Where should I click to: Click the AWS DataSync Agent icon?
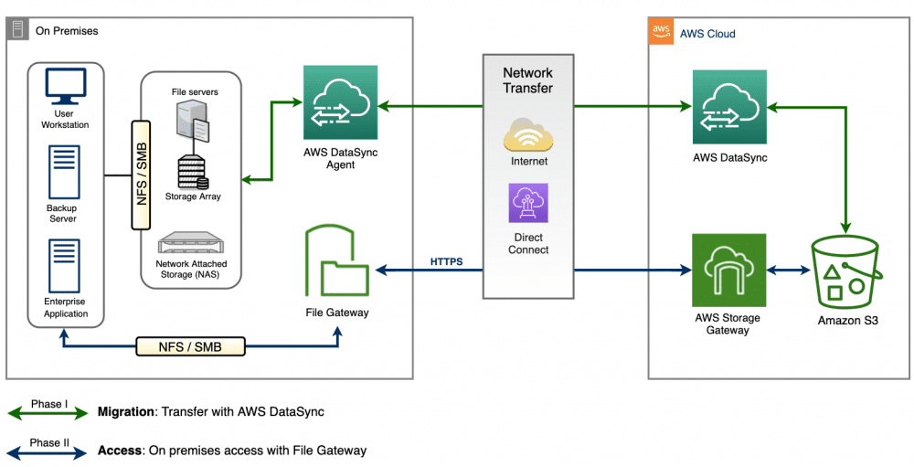tap(341, 101)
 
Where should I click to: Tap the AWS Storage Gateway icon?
tap(728, 271)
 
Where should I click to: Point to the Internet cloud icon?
tap(528, 135)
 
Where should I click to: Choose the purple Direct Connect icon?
tap(528, 203)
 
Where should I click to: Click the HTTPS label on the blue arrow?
tap(447, 262)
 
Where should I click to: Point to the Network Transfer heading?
tap(528, 80)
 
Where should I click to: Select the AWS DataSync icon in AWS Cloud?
tap(729, 107)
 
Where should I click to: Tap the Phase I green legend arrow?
tap(48, 412)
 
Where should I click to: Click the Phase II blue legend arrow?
tap(48, 451)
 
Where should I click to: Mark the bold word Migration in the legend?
tap(127, 412)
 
